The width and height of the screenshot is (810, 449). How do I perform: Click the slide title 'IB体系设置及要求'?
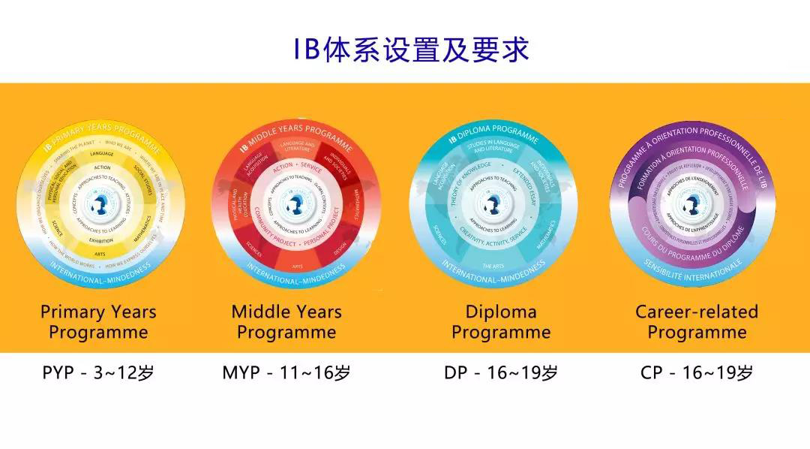click(411, 48)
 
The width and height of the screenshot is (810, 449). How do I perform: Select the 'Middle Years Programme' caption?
click(286, 321)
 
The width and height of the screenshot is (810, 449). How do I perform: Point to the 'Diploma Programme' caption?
click(501, 321)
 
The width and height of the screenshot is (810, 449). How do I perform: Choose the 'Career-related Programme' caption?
click(697, 321)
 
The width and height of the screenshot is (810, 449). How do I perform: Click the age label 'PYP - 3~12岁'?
click(97, 372)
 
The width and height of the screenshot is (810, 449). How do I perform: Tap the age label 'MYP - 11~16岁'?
click(286, 372)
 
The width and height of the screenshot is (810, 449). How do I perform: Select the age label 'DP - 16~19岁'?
click(501, 372)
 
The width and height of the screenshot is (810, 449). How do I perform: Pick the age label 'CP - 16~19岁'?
click(697, 372)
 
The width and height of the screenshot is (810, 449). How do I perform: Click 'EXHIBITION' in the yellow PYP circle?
click(102, 241)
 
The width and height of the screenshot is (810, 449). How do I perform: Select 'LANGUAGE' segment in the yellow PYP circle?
click(102, 153)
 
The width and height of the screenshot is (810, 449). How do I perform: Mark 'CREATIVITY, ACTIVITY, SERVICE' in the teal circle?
click(496, 237)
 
